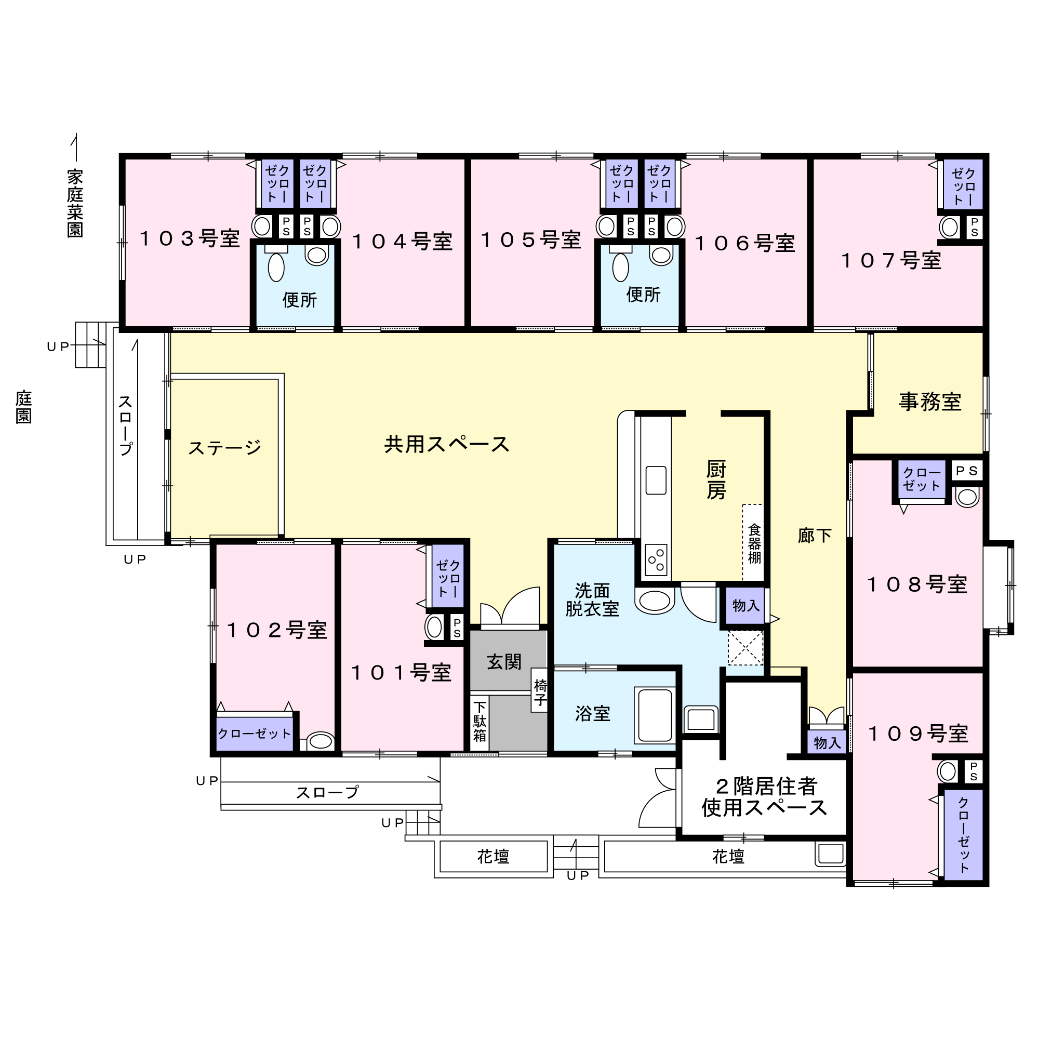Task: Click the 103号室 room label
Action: click(x=189, y=238)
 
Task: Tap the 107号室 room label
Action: click(x=891, y=261)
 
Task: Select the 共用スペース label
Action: click(x=447, y=444)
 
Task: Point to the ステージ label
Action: click(x=225, y=447)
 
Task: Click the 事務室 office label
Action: click(x=930, y=402)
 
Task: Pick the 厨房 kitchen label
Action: click(x=716, y=479)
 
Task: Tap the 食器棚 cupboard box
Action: click(x=753, y=543)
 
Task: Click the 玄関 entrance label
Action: click(x=504, y=662)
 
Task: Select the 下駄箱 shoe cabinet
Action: click(x=479, y=723)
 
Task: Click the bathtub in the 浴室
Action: click(x=655, y=715)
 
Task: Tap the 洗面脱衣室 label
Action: click(x=592, y=600)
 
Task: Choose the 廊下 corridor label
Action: click(x=815, y=536)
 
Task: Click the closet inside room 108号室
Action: click(x=922, y=479)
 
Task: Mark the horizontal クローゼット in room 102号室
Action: click(x=255, y=734)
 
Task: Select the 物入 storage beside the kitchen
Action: click(x=746, y=606)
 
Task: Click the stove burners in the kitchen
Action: click(x=656, y=560)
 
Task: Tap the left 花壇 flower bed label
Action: click(x=493, y=856)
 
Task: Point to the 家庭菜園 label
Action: click(x=75, y=203)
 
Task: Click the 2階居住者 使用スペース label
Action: click(x=764, y=797)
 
